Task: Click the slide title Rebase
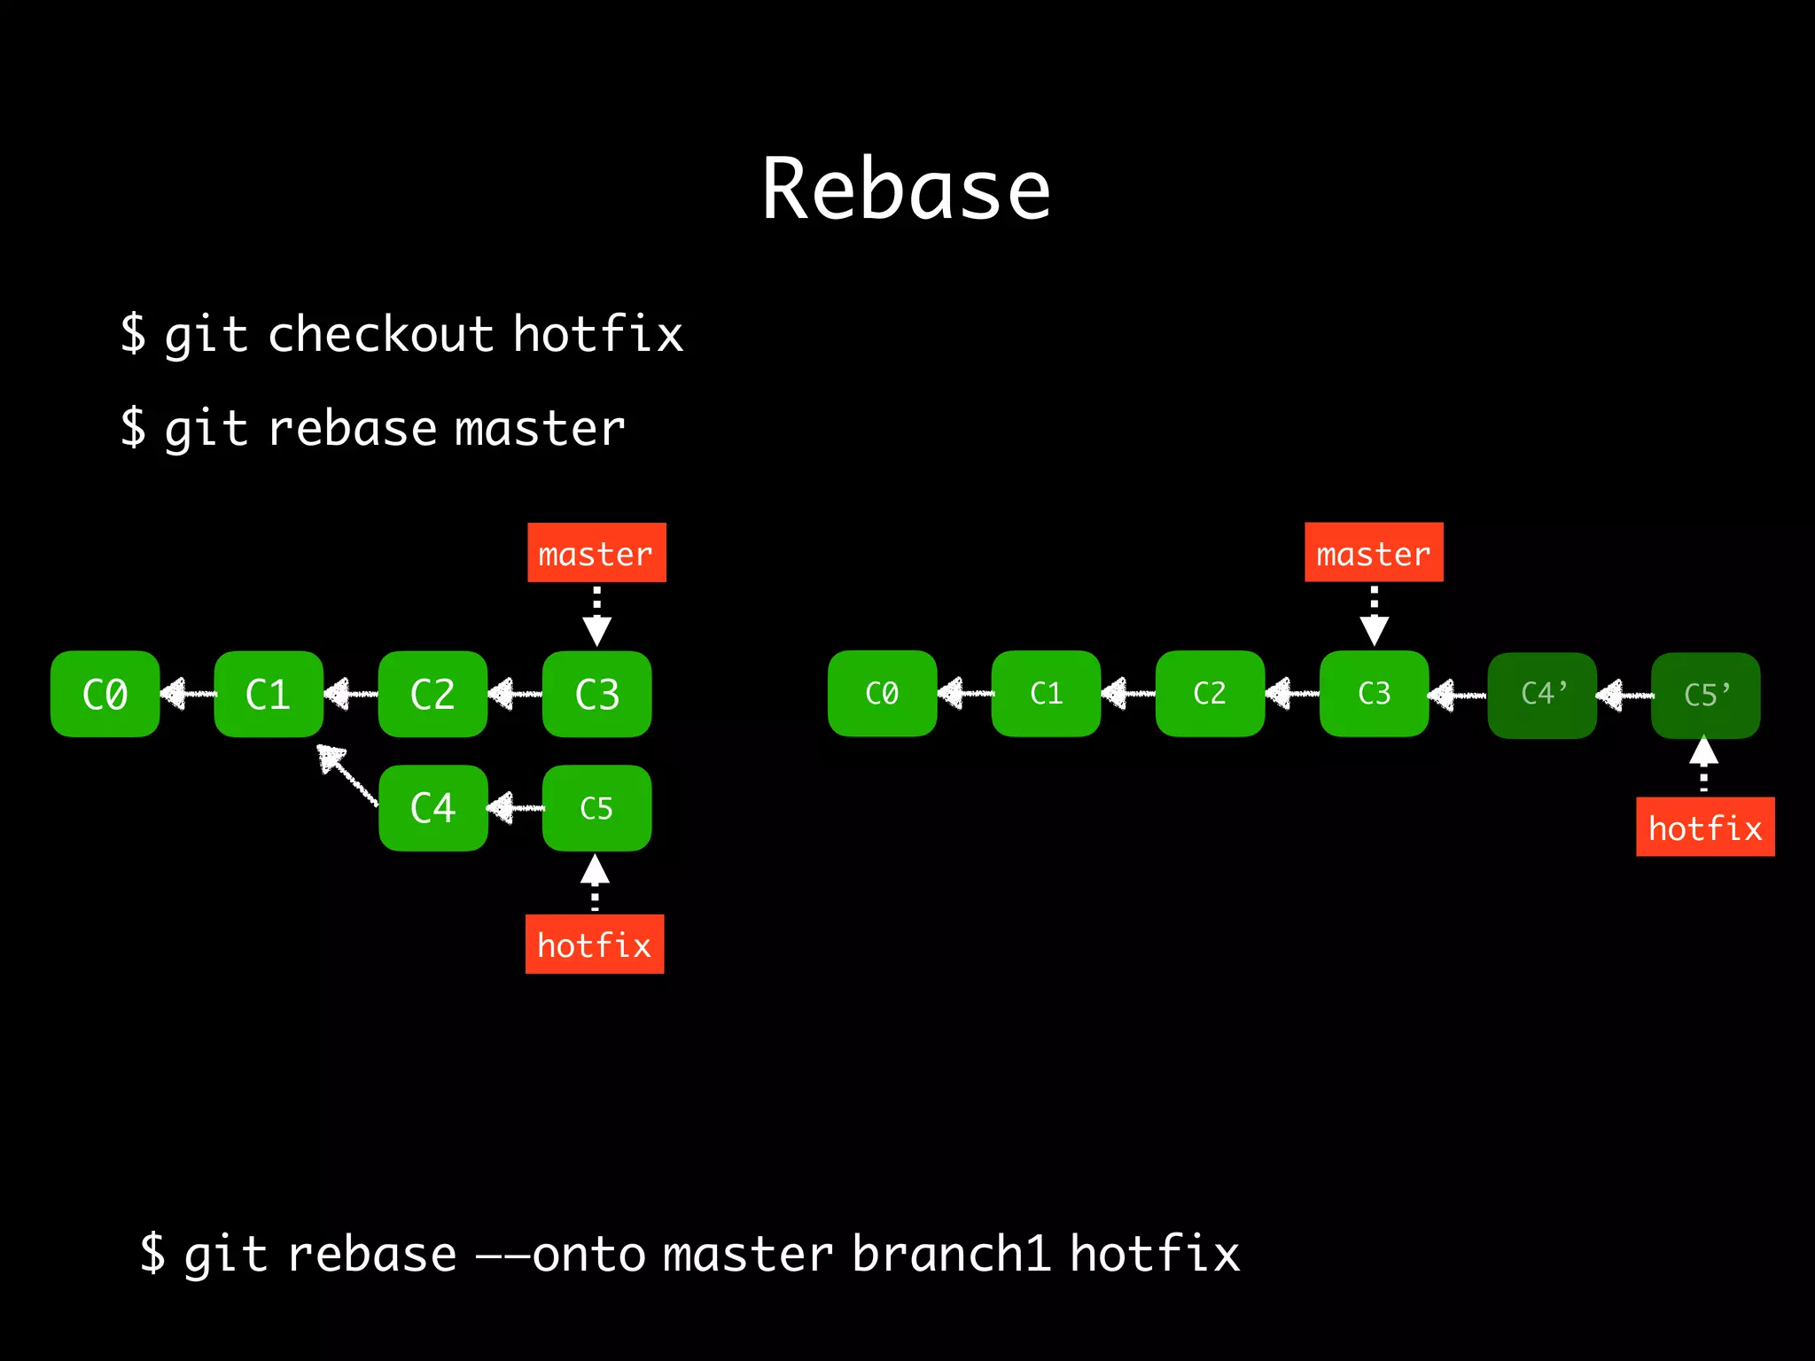tap(906, 189)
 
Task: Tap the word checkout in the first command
tap(380, 335)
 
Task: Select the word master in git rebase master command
tap(540, 429)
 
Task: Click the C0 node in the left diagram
tap(105, 694)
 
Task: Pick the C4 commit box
tap(432, 807)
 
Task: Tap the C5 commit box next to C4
tap(596, 807)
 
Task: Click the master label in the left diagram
tap(596, 553)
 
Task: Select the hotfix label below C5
tap(595, 945)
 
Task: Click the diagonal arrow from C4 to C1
tap(347, 774)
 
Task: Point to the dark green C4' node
tap(1542, 694)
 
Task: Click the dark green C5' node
tap(1705, 694)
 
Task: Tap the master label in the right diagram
tap(1374, 553)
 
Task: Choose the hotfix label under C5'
tap(1705, 828)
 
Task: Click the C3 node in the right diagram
tap(1374, 694)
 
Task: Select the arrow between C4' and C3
tap(1458, 695)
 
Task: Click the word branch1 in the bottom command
tap(951, 1254)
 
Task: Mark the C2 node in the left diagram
tap(432, 694)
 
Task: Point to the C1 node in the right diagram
tap(1046, 694)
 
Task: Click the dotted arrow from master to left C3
tap(596, 615)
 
